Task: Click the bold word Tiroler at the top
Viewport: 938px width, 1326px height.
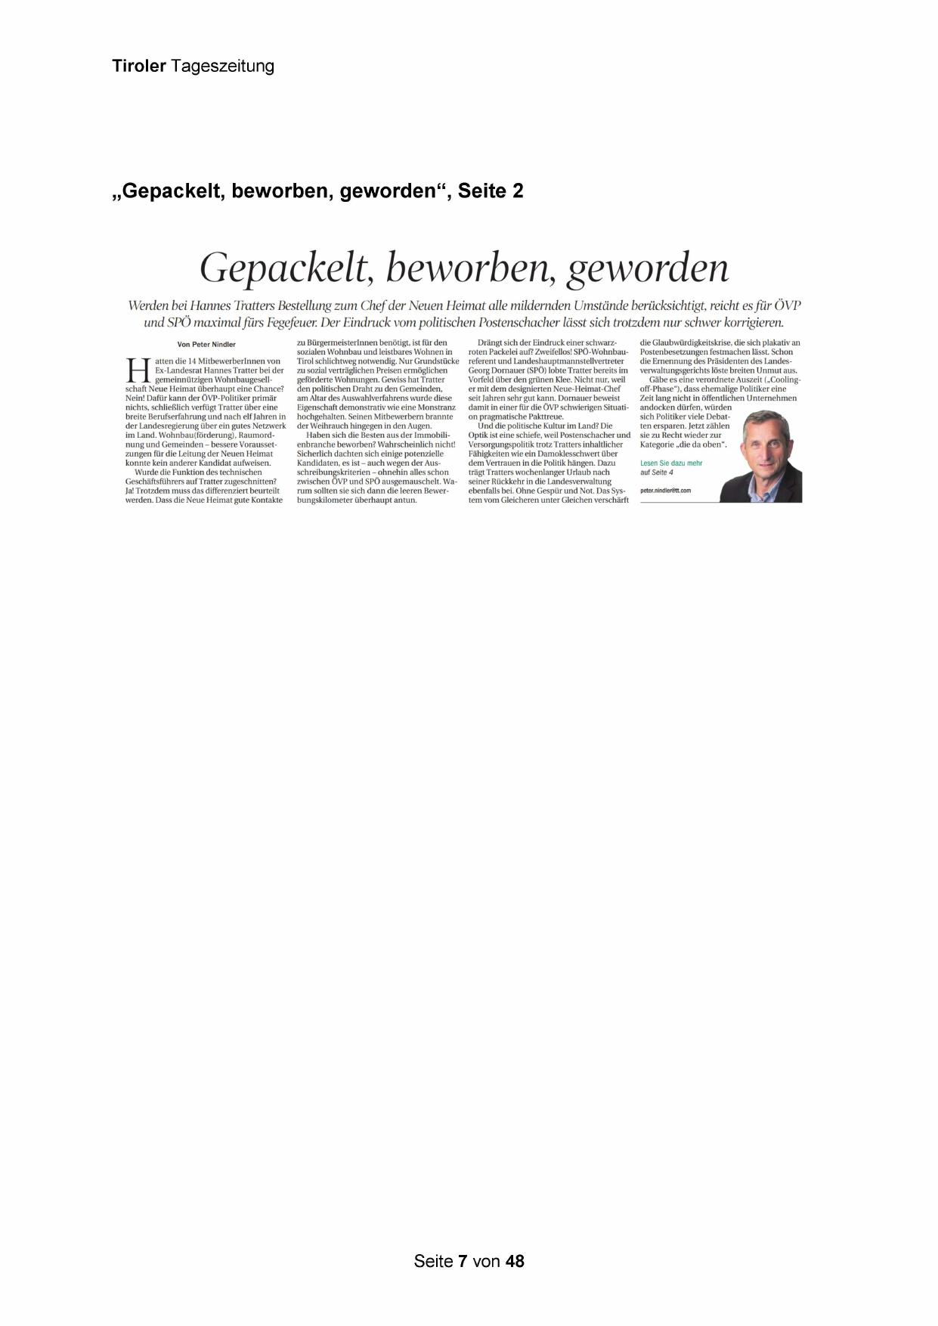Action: (139, 67)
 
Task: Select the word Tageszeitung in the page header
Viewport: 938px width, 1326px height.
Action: (222, 67)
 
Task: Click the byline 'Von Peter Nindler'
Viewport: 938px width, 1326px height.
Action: (206, 344)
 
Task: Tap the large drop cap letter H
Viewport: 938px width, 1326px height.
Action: (138, 370)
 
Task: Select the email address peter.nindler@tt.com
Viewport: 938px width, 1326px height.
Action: (665, 491)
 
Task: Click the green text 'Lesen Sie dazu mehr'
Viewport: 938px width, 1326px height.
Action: (671, 463)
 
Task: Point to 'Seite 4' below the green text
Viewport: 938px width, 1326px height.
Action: (662, 472)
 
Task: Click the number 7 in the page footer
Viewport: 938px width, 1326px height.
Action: (463, 1261)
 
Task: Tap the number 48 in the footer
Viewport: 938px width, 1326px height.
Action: (515, 1261)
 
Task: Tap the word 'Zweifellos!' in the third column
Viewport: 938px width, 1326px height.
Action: (553, 352)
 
